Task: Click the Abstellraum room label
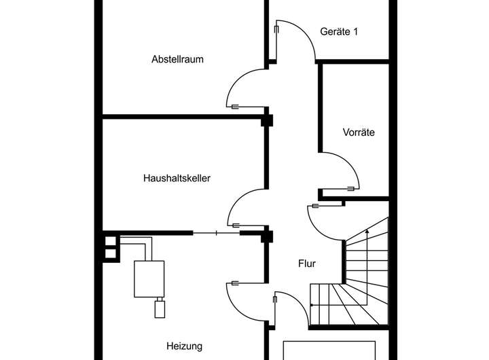point(177,59)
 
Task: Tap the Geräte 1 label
point(339,31)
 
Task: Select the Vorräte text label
point(359,132)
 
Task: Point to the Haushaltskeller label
point(177,179)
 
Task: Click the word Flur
point(307,263)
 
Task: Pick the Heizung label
point(183,346)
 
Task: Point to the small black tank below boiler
point(160,310)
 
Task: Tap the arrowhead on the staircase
point(367,232)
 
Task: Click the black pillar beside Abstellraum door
point(267,122)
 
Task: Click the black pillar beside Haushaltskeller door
point(267,237)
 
